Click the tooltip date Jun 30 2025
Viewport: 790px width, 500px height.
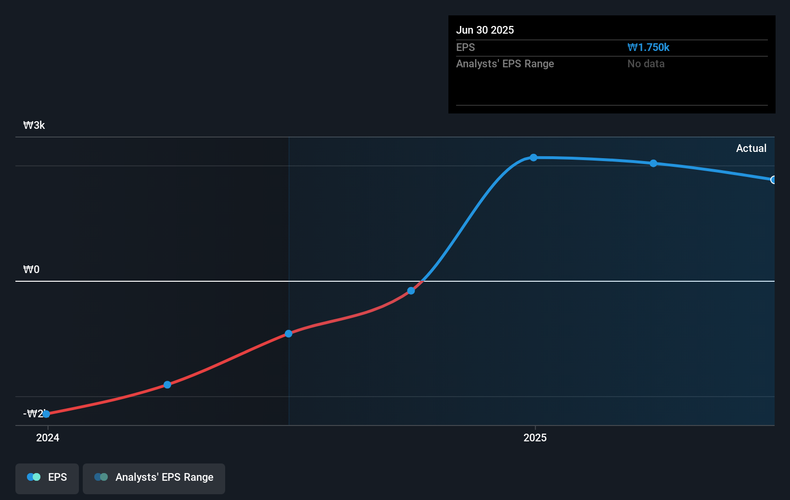point(484,30)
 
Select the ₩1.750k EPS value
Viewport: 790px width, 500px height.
point(648,47)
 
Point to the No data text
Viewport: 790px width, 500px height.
point(646,63)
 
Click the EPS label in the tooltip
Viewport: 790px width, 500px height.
point(465,47)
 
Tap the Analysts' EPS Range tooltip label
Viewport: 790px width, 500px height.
point(505,63)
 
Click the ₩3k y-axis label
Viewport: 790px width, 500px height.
point(34,125)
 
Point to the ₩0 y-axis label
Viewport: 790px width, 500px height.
point(31,269)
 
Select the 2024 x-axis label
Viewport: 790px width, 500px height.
point(48,437)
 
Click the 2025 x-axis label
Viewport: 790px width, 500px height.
point(535,437)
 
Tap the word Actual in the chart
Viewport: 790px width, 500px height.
point(751,148)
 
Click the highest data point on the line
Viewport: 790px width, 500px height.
point(534,158)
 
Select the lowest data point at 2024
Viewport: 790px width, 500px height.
point(46,414)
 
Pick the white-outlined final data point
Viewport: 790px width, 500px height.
point(773,180)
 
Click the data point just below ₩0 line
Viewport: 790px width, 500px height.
point(411,291)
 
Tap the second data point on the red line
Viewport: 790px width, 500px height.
point(167,385)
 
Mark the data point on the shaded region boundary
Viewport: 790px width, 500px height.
point(289,334)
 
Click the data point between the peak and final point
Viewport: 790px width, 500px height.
point(653,163)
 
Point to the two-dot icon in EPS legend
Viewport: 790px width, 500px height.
point(34,477)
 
